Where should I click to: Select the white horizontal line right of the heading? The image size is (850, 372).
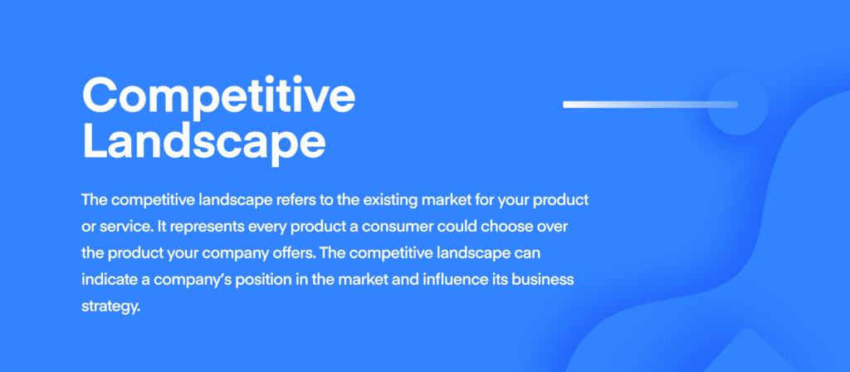tap(650, 104)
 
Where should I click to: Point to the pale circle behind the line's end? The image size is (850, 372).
tap(737, 104)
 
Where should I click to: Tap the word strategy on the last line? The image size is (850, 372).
tap(110, 307)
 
